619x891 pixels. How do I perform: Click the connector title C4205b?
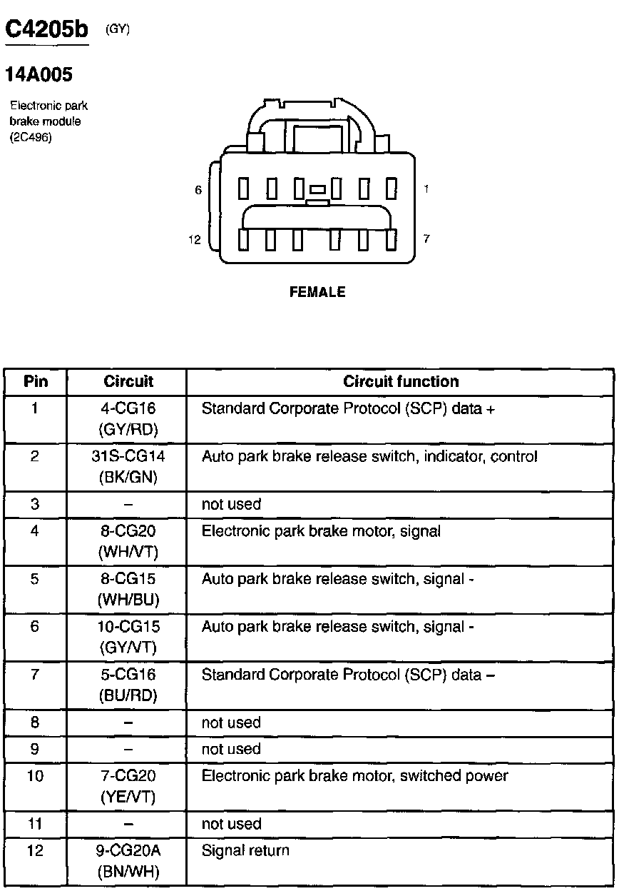point(46,30)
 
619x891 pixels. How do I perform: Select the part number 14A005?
point(39,74)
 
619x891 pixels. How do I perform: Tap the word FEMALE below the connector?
point(317,292)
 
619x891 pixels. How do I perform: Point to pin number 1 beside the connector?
point(426,189)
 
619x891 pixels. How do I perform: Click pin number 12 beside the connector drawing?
point(195,240)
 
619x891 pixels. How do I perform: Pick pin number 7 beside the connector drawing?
point(426,238)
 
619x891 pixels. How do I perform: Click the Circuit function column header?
point(401,381)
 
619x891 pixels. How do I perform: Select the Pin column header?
point(36,381)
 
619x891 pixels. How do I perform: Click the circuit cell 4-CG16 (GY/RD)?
point(128,418)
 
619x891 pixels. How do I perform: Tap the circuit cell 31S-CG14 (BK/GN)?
point(128,466)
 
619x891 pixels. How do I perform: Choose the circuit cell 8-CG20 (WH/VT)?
point(128,541)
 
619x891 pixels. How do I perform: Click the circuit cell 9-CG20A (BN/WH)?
point(128,860)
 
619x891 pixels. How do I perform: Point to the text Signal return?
point(245,850)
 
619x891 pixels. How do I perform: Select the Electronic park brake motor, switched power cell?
point(354,775)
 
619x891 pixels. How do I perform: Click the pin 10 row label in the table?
point(35,775)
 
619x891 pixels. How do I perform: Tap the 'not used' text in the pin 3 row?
point(231,504)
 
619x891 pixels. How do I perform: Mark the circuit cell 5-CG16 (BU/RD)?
point(128,684)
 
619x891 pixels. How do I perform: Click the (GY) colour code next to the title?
point(117,29)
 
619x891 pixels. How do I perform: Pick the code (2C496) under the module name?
point(31,136)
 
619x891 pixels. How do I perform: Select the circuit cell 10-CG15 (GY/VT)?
point(128,636)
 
